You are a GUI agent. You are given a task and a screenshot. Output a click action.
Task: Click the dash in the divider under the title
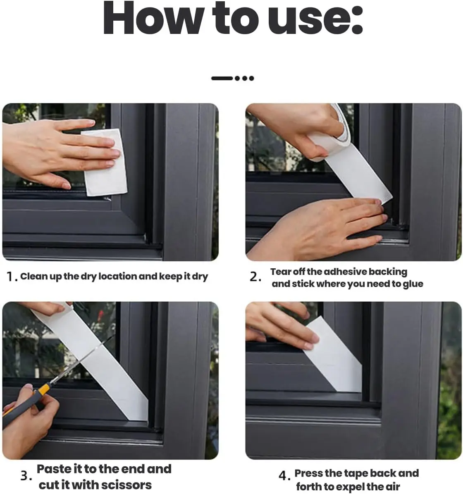click(222, 78)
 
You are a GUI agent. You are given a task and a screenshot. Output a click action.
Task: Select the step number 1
click(11, 277)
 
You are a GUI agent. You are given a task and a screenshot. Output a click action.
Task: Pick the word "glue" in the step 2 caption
click(413, 284)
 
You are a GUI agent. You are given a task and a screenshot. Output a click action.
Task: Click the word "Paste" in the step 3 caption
click(54, 469)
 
